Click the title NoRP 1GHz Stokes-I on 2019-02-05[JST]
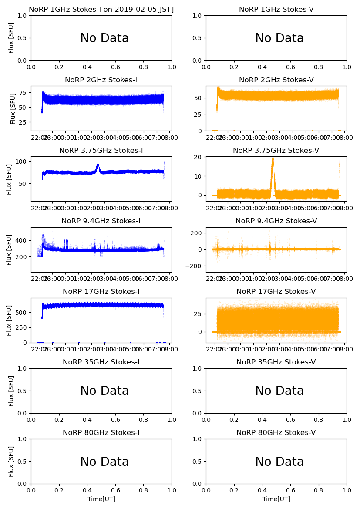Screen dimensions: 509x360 (101, 9)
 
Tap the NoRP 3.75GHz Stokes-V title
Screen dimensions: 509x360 (276, 150)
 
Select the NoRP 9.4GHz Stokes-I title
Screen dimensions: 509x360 (101, 221)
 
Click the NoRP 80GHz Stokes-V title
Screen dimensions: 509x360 (276, 432)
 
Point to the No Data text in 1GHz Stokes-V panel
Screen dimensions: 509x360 (279, 38)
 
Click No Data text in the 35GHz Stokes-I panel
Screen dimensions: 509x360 (104, 391)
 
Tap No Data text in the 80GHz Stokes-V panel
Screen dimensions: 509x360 (279, 462)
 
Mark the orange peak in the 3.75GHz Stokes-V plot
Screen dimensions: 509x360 (273, 159)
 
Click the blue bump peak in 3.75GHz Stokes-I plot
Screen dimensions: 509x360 (98, 165)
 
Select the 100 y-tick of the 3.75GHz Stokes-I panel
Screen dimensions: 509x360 (22, 162)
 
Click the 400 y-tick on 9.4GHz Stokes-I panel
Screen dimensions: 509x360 (22, 240)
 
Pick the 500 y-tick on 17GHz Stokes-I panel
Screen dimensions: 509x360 (22, 312)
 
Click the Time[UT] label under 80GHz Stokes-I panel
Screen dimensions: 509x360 (101, 499)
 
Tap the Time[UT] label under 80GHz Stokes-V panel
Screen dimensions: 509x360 (276, 499)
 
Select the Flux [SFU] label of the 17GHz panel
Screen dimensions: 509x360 (9, 320)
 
